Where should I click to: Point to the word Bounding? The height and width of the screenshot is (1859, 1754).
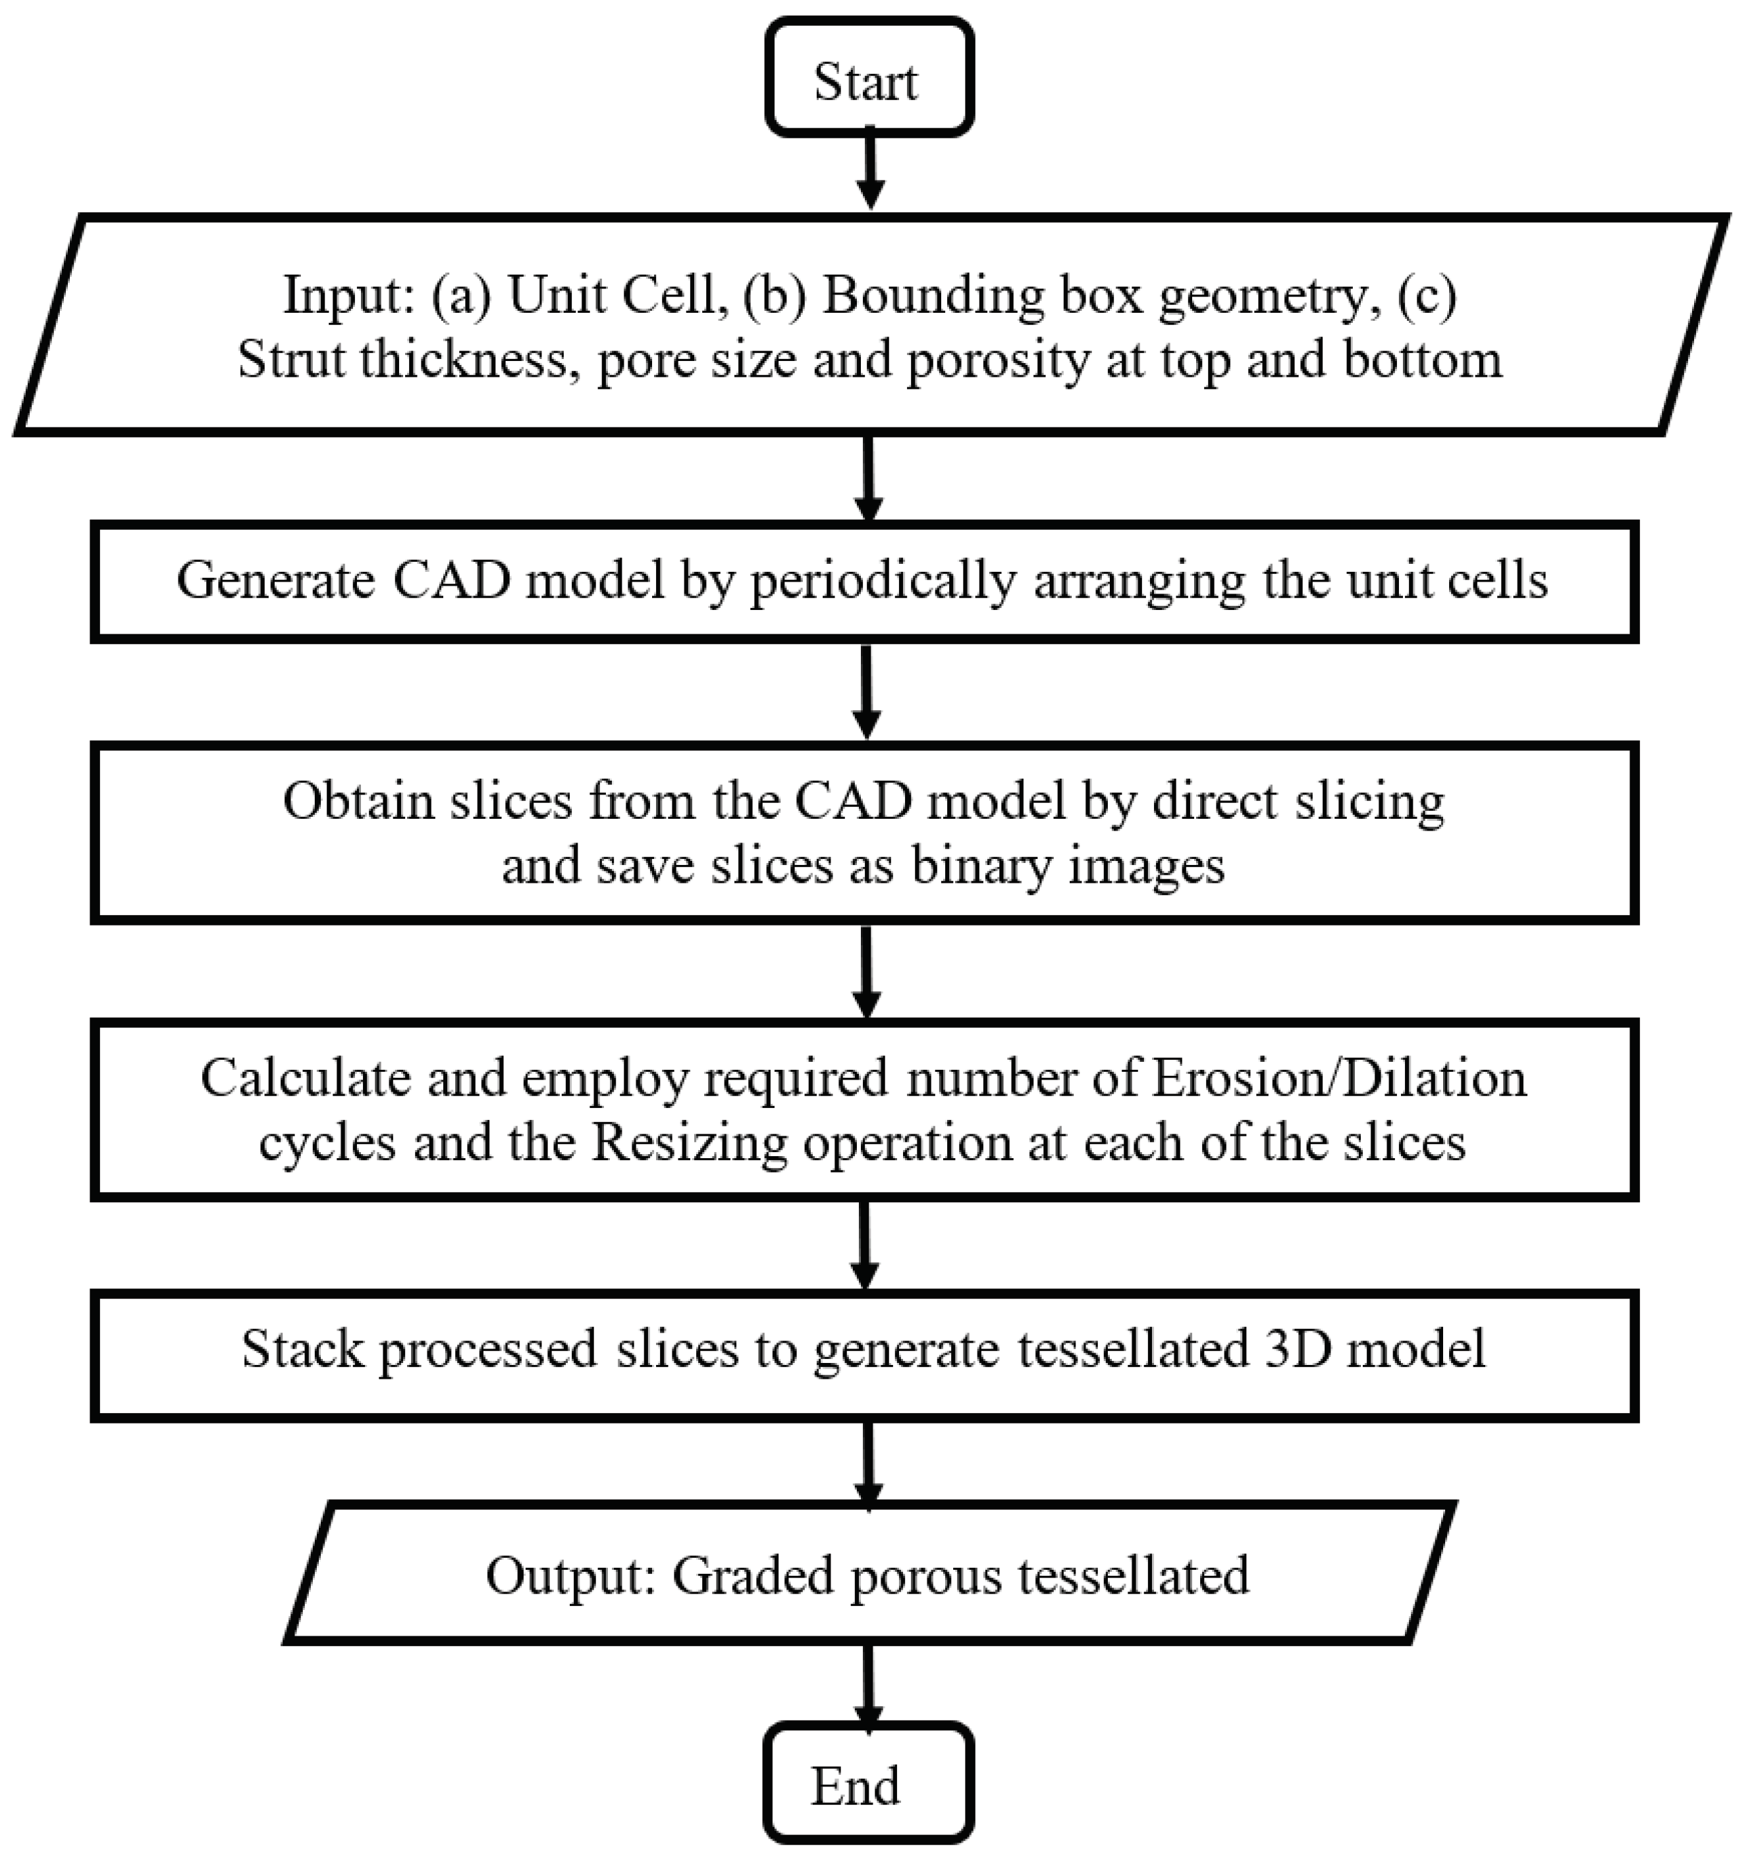(x=934, y=296)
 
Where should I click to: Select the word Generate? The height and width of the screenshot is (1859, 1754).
(x=275, y=581)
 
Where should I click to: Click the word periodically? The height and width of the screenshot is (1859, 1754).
(x=883, y=581)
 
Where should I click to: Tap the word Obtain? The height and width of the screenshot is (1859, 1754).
(x=358, y=802)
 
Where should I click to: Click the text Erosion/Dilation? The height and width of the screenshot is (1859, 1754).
(x=1338, y=1078)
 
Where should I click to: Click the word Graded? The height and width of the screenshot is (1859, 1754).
(x=754, y=1576)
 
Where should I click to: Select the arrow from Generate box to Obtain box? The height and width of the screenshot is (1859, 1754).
(x=867, y=693)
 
